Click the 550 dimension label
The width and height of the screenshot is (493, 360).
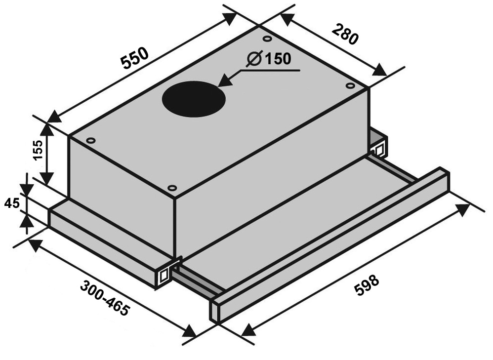click(x=135, y=58)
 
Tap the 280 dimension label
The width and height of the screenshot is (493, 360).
click(x=345, y=34)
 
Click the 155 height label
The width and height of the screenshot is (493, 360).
click(x=39, y=150)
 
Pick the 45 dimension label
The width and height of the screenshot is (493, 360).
click(x=12, y=204)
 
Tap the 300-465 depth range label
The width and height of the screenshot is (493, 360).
click(x=105, y=298)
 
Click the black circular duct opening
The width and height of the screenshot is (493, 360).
click(x=194, y=99)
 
